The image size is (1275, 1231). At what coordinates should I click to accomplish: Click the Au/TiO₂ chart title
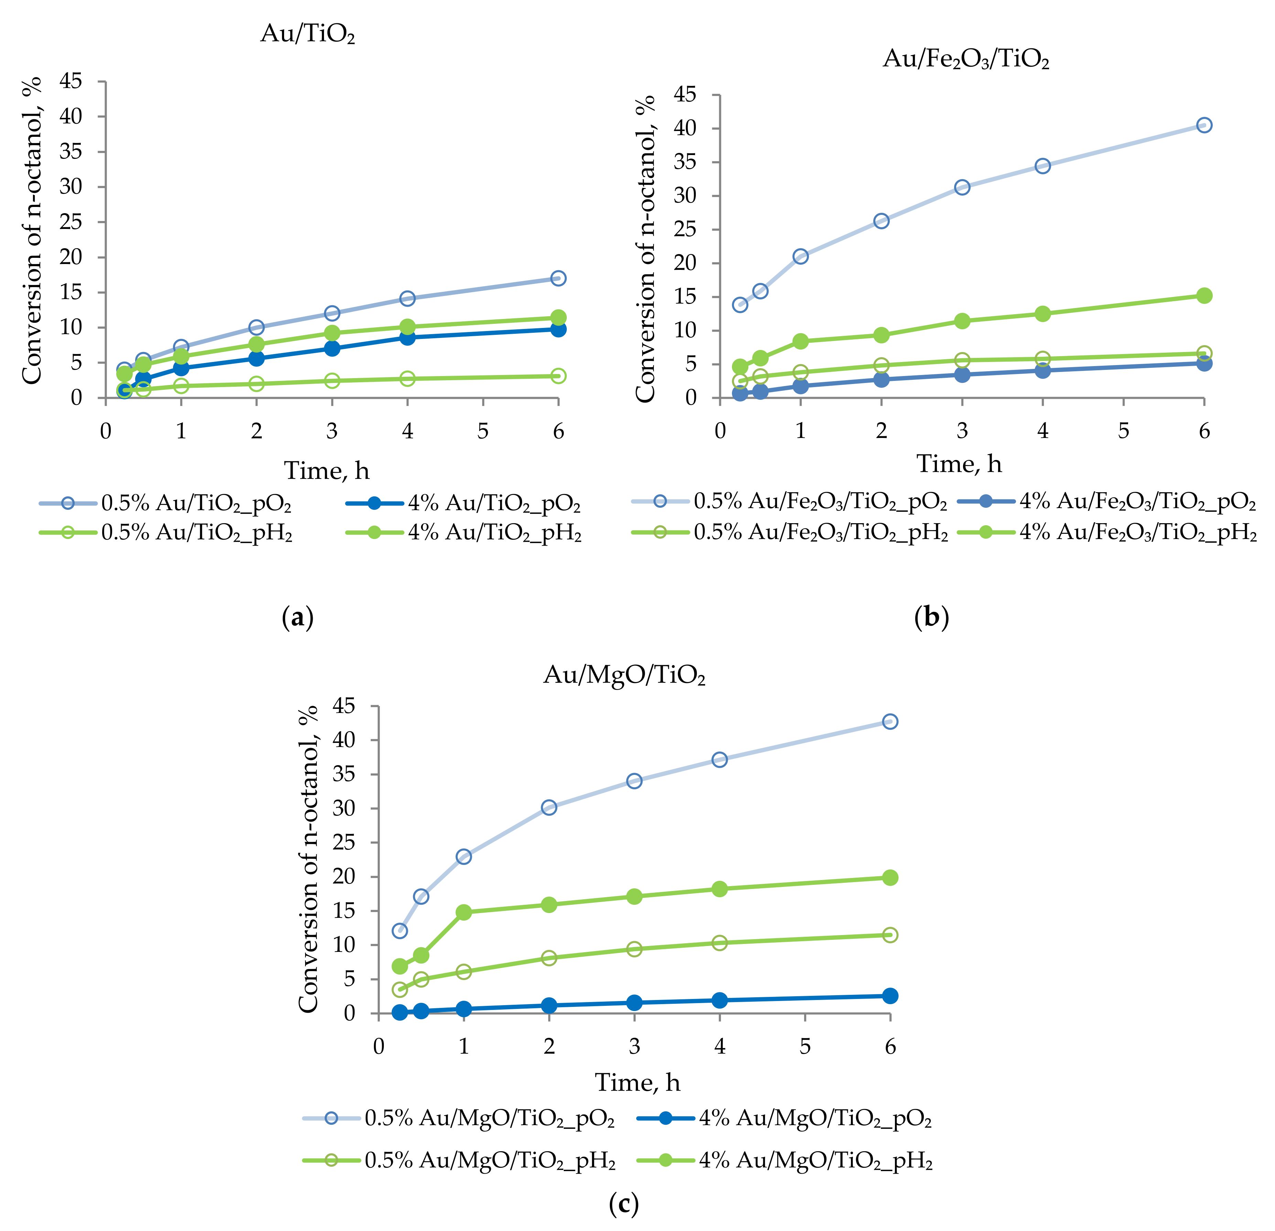coord(308,33)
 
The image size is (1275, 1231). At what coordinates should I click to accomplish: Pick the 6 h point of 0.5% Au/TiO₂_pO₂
coord(558,278)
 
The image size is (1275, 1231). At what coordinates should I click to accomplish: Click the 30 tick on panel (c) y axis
coord(344,808)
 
